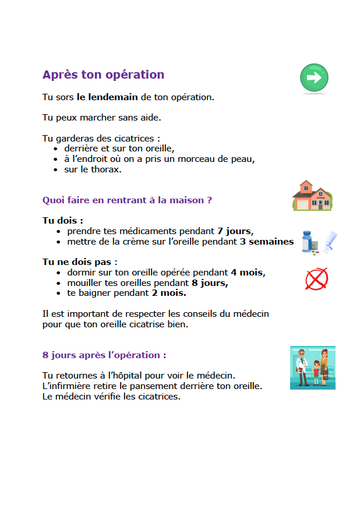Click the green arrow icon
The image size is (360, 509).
314,78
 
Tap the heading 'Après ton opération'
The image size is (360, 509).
103,75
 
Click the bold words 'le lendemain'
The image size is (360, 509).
107,97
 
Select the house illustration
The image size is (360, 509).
312,196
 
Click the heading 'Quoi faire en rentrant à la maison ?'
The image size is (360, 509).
127,200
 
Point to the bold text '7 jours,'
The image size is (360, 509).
235,231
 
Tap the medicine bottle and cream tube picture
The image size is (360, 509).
320,241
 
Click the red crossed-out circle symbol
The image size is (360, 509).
316,279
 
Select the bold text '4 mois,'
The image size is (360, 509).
248,272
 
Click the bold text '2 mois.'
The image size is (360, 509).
169,292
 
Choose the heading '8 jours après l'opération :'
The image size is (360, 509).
104,355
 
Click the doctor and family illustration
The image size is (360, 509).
312,367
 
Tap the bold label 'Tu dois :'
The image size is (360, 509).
63,221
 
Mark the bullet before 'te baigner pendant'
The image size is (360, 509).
58,293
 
